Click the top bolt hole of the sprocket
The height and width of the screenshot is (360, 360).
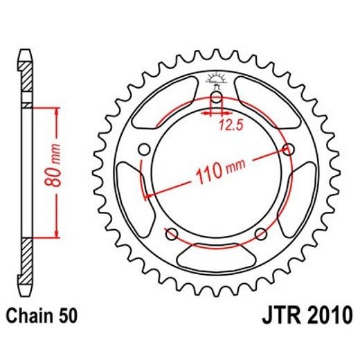[216, 98]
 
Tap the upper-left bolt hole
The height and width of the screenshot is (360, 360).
[144, 149]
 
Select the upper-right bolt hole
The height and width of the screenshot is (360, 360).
[288, 149]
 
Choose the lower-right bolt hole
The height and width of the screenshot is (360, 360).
[260, 233]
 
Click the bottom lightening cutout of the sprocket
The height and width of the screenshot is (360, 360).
[216, 257]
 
